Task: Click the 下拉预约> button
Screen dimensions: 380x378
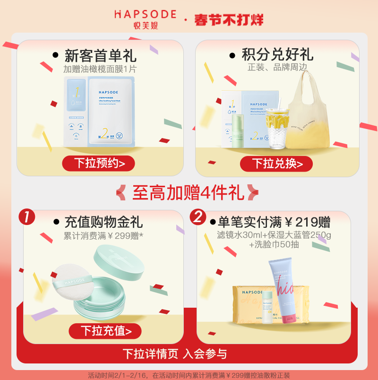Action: click(x=99, y=163)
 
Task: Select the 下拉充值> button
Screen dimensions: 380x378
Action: click(x=105, y=331)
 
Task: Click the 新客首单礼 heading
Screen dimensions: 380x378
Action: click(x=100, y=56)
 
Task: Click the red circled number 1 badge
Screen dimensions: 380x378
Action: click(x=27, y=217)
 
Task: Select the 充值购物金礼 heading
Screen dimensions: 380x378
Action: click(x=103, y=222)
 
